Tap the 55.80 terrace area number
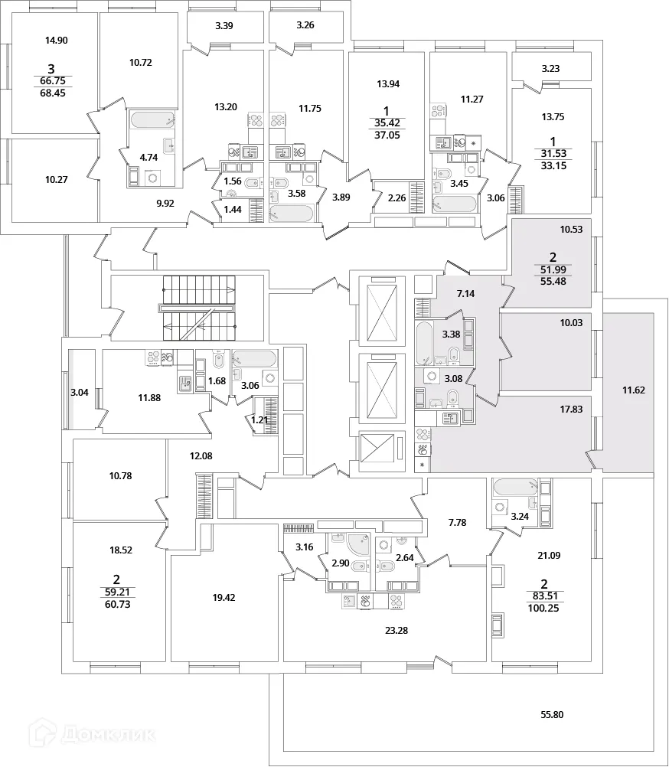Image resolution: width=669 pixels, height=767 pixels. pos(551,715)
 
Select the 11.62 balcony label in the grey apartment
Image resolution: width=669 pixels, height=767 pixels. pos(633,390)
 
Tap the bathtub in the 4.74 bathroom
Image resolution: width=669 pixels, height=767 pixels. pos(152,120)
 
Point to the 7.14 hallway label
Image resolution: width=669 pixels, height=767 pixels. pos(467,293)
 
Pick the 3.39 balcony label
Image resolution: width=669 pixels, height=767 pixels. pos(224,26)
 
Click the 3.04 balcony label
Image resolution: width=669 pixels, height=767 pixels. pos(80,393)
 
